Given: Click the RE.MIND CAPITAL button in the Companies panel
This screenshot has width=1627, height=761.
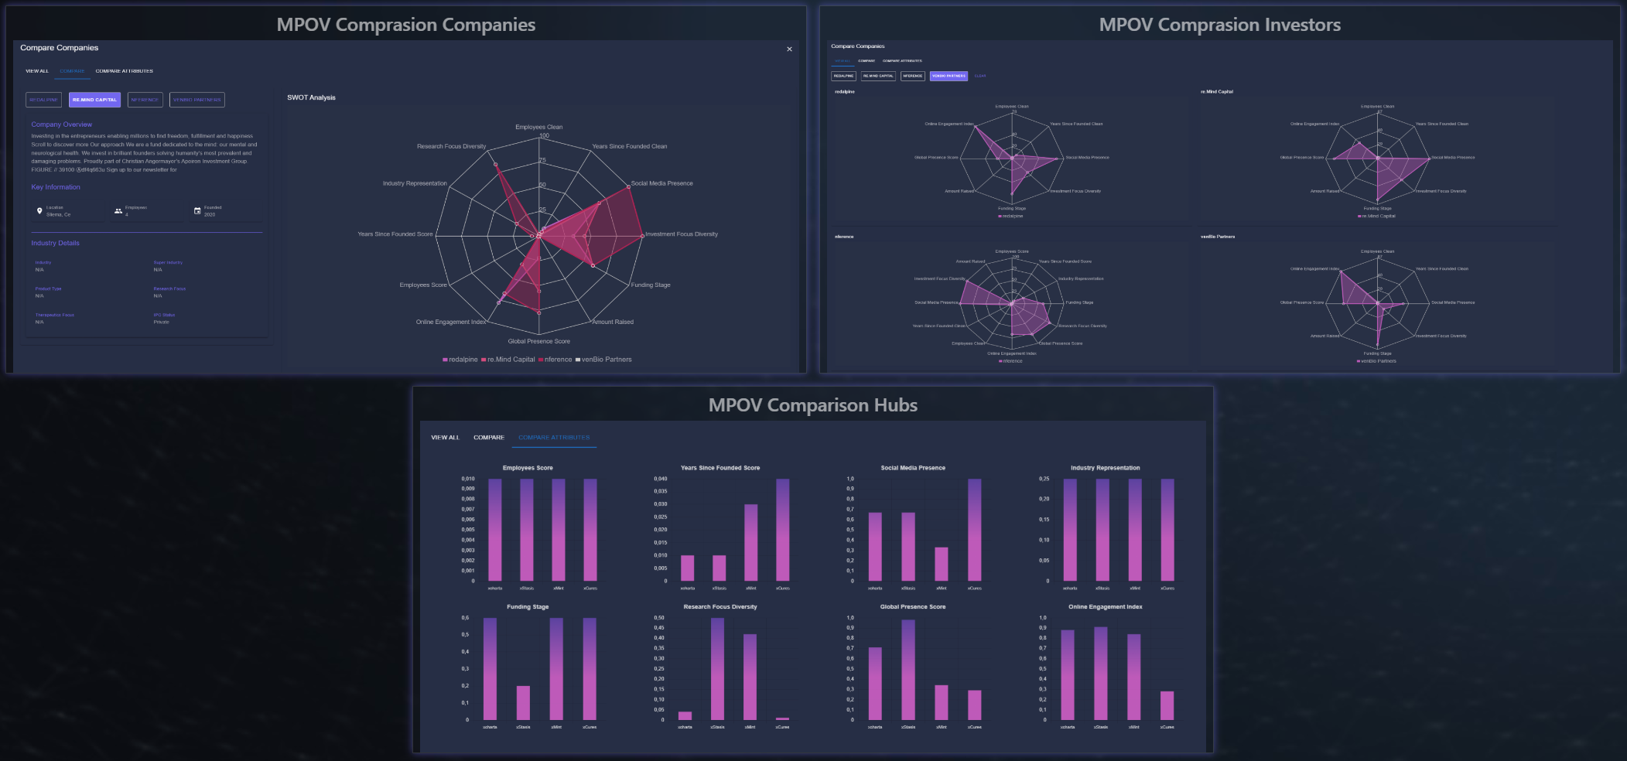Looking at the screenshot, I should click(94, 100).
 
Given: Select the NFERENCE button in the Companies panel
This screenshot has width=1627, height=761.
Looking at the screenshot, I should click(145, 100).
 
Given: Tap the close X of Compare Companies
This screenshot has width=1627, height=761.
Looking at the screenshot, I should click(789, 49).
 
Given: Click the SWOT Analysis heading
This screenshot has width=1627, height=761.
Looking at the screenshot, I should click(311, 97).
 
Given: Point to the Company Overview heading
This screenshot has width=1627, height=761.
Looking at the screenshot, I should click(61, 125).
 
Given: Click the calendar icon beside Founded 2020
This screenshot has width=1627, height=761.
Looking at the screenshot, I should click(197, 210).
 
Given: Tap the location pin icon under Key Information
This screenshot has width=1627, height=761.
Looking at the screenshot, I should click(39, 210).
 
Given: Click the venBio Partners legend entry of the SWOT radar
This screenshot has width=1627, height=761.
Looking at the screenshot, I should click(606, 360).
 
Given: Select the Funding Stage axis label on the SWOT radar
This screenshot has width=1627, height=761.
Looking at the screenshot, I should click(651, 285).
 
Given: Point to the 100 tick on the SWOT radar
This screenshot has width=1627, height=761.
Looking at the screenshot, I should click(545, 135).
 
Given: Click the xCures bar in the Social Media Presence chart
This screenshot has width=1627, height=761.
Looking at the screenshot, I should click(974, 530).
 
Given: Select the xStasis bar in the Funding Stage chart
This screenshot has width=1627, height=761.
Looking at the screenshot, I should click(523, 702).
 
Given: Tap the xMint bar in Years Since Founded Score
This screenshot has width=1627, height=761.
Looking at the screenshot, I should click(750, 542).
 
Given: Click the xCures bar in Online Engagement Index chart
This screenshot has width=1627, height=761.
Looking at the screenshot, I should click(1167, 705).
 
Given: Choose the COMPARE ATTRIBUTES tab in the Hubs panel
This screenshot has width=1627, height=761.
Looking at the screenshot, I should click(554, 438).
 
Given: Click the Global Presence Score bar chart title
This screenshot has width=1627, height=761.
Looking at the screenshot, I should click(912, 607).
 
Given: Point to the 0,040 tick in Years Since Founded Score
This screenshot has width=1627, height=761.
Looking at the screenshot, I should click(660, 479).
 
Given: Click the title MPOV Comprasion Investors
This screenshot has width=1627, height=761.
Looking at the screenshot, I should click(1219, 25).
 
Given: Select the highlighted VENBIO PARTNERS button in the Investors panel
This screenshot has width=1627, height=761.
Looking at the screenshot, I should click(949, 76).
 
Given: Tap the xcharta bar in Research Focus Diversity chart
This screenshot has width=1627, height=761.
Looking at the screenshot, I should click(685, 715).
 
